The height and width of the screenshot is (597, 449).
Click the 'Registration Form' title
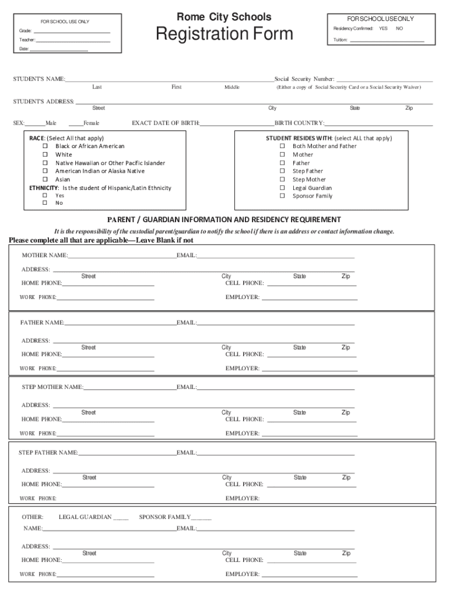(x=224, y=34)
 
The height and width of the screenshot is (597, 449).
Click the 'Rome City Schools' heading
(x=224, y=17)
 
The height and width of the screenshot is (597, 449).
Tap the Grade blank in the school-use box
(x=73, y=31)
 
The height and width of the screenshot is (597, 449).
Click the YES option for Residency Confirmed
(x=383, y=28)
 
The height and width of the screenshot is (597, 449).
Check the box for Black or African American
(x=45, y=146)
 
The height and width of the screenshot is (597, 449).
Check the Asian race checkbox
(x=45, y=180)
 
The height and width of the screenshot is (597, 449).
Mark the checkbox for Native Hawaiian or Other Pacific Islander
(x=45, y=163)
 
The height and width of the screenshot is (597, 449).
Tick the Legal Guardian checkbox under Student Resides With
(x=282, y=188)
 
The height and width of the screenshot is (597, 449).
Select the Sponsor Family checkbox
(x=282, y=196)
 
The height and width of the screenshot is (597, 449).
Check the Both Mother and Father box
(x=282, y=146)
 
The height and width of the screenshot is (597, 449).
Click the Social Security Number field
(x=384, y=80)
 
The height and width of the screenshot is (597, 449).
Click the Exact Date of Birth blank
(x=237, y=124)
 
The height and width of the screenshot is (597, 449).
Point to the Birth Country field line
(x=378, y=124)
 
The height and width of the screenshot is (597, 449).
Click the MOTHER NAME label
(x=44, y=255)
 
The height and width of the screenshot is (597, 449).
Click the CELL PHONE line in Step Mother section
(x=310, y=420)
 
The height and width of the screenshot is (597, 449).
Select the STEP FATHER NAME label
(x=48, y=452)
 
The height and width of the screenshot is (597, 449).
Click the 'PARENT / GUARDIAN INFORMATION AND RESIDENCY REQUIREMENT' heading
(x=224, y=220)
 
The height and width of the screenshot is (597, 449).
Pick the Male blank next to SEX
(x=35, y=124)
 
